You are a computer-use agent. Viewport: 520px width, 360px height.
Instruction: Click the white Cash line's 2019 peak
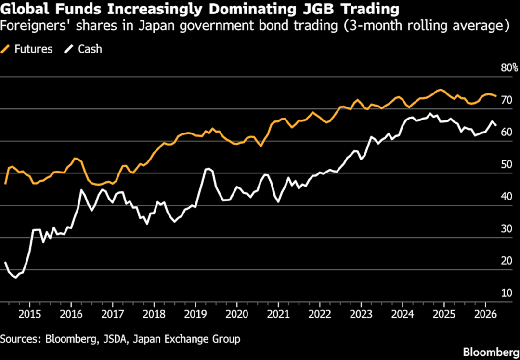(x=208, y=169)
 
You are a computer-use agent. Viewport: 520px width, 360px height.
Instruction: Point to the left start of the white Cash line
(x=5, y=263)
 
